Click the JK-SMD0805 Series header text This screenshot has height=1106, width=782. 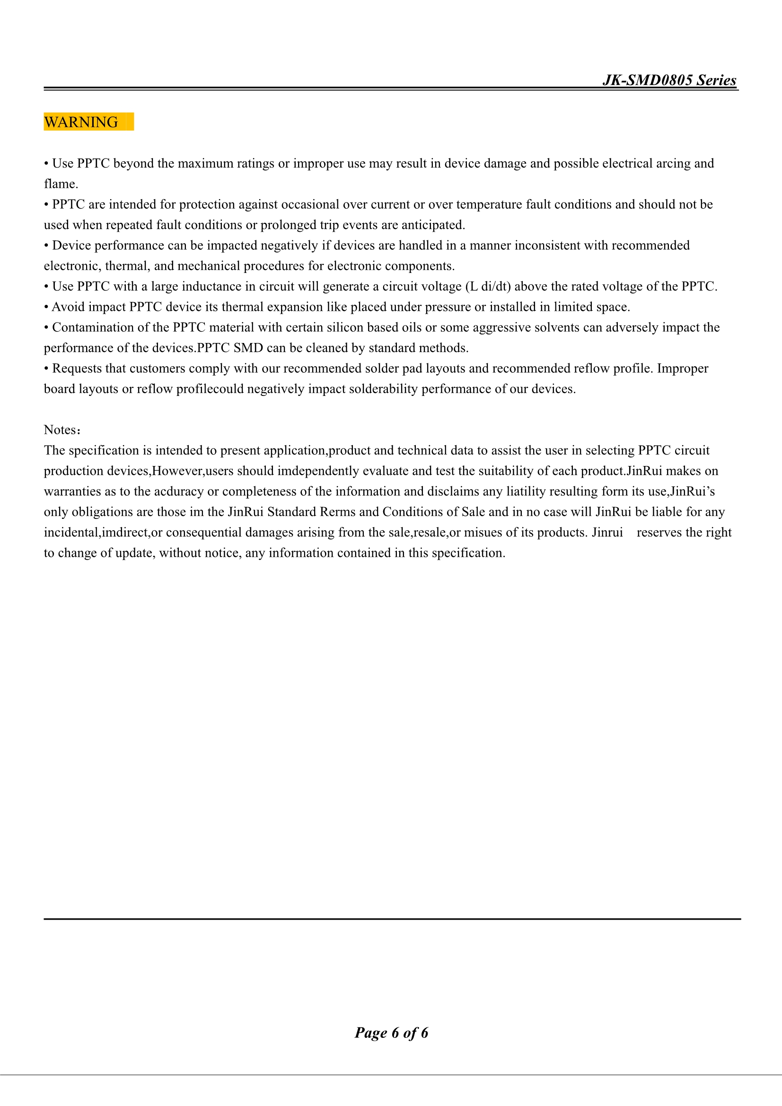pyautogui.click(x=669, y=80)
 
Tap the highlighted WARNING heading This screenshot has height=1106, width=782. pyautogui.click(x=81, y=122)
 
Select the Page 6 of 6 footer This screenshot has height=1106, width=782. pyautogui.click(x=391, y=1032)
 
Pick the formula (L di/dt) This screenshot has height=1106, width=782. pyautogui.click(x=488, y=287)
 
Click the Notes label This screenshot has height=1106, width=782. pyautogui.click(x=61, y=430)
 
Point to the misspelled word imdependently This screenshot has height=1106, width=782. pyautogui.click(x=318, y=471)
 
